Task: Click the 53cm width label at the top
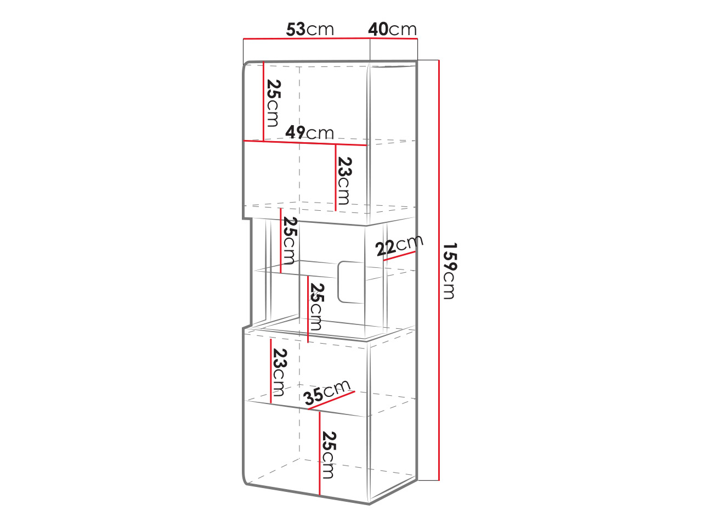coord(309,30)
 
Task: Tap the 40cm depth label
coord(392,30)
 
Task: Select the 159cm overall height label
coord(450,271)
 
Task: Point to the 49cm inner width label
coord(309,132)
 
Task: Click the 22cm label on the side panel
coord(399,245)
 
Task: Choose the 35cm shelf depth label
coord(327,393)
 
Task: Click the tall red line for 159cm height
coord(439,271)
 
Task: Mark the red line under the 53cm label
coord(307,39)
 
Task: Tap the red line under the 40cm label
coord(394,39)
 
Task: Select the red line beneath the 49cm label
coord(305,143)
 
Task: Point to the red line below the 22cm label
coord(399,256)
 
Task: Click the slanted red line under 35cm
coord(331,400)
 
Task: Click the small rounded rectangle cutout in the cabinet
coord(351,282)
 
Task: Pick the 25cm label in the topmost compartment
coord(273,103)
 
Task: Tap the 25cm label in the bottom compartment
coord(329,455)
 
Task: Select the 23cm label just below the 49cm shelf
coord(344,181)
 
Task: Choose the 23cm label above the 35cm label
coord(279,372)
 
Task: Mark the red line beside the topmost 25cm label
coord(263,101)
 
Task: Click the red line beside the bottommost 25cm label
coord(320,458)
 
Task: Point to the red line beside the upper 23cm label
coord(336,178)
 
